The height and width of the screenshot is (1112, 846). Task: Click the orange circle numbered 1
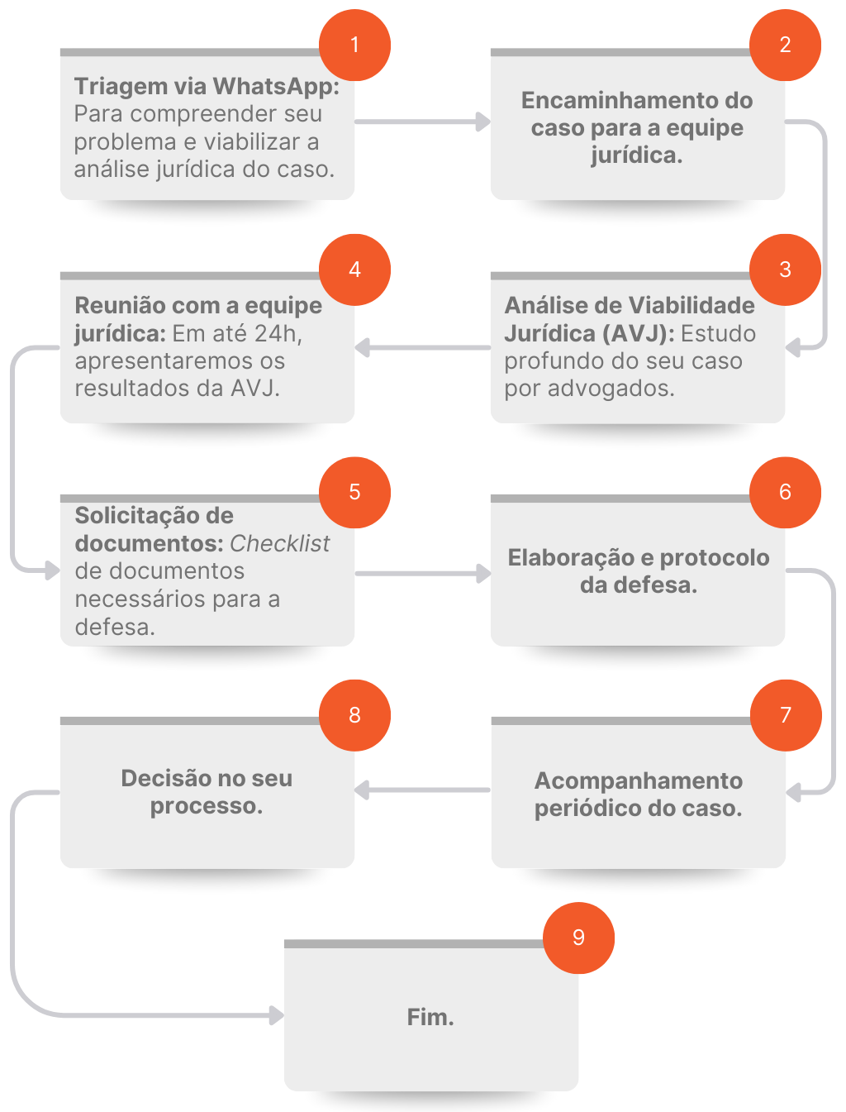point(354,45)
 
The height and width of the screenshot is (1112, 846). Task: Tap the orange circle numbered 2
point(785,45)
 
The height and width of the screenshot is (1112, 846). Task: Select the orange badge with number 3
point(785,270)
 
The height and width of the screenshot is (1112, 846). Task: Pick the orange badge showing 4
point(354,270)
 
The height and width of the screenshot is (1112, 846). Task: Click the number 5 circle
point(354,493)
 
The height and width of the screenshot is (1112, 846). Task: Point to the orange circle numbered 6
point(785,493)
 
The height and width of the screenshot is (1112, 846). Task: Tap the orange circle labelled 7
point(785,715)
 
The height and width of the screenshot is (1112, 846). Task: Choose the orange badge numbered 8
point(354,715)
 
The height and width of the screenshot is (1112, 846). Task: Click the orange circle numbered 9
point(578,938)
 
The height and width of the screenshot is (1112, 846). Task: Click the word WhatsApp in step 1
point(276,87)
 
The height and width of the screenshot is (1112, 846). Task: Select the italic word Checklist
point(279,543)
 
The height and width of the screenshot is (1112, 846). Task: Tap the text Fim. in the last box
point(430,1017)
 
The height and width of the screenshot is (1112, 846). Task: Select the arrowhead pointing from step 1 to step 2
point(483,122)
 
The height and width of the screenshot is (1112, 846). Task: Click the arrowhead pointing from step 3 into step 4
point(362,347)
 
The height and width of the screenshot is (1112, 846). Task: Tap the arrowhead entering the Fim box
point(277,1015)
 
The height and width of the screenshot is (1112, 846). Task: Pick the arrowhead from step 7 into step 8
point(362,790)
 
